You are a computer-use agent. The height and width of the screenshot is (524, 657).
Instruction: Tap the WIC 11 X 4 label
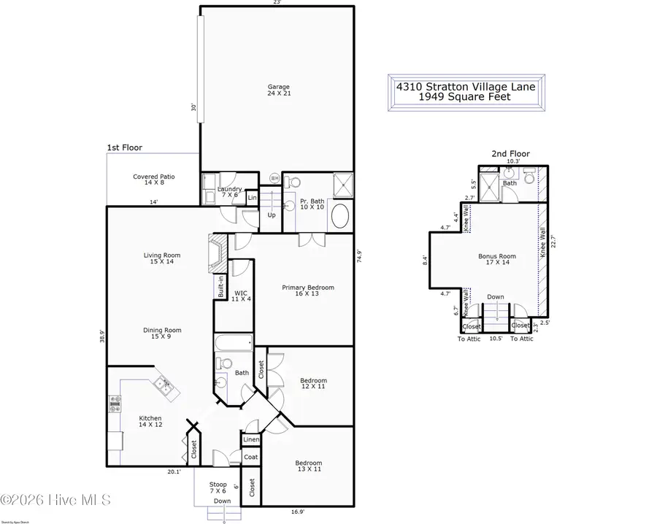coord(241,296)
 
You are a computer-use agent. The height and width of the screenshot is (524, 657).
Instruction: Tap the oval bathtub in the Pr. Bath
coord(340,217)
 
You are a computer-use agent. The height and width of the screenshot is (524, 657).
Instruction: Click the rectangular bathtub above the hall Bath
coord(233,342)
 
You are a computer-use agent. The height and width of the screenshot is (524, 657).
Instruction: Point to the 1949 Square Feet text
coord(466,96)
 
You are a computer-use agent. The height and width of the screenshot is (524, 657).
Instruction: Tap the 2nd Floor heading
coord(510,154)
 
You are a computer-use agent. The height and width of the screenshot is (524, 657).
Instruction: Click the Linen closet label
coord(250,440)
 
